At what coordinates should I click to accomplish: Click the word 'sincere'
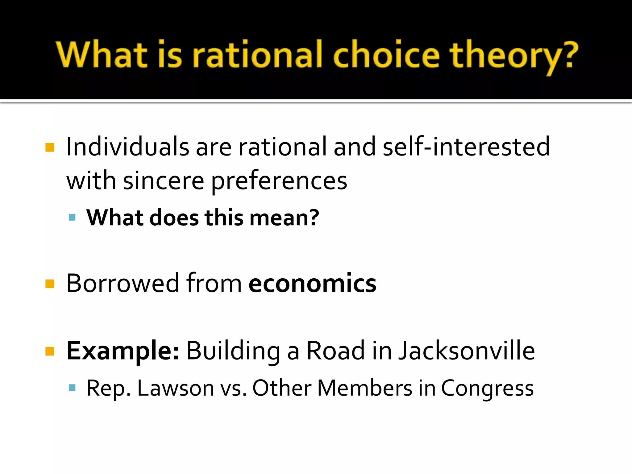164,181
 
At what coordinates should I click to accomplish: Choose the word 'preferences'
279,182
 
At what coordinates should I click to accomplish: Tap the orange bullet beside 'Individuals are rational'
50,148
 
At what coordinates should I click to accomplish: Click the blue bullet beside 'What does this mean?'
72,218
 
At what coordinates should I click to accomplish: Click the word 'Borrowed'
123,283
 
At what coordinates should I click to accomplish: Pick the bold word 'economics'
312,283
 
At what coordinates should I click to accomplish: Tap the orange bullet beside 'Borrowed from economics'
50,284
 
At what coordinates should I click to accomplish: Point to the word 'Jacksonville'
466,351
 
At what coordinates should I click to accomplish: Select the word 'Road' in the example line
336,351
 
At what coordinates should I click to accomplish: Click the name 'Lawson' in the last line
176,388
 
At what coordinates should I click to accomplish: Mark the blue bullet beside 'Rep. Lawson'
72,388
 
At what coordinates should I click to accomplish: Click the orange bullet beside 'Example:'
50,351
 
